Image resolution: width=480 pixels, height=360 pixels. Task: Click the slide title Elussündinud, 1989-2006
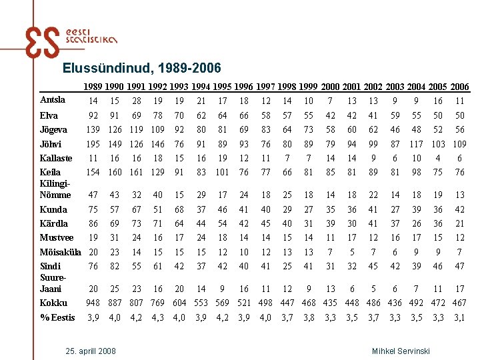pos(141,68)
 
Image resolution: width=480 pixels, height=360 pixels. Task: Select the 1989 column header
pos(93,87)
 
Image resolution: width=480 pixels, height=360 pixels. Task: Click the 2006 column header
pos(459,87)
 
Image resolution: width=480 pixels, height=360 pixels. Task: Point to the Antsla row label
pos(53,100)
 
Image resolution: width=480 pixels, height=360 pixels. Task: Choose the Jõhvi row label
pos(51,144)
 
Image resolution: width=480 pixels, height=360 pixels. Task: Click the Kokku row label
pos(53,303)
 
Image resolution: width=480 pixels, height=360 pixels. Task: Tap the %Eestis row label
pos(57,317)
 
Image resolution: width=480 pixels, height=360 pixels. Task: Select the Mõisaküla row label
pos(61,253)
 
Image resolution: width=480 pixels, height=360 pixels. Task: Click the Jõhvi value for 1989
pos(93,144)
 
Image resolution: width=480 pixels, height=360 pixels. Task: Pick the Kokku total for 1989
pos(93,303)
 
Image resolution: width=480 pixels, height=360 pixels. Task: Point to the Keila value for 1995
pos(222,173)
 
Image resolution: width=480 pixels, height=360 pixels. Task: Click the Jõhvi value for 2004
pos(417,144)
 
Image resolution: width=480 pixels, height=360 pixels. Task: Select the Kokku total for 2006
pos(459,303)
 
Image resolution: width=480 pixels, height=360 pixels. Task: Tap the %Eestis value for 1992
pos(158,317)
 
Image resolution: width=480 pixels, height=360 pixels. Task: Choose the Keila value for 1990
pos(115,173)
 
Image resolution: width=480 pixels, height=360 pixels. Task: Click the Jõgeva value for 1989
pos(93,129)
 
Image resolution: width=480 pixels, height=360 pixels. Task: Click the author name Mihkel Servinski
pos(400,351)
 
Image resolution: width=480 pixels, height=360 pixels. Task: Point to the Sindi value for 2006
pos(459,267)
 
